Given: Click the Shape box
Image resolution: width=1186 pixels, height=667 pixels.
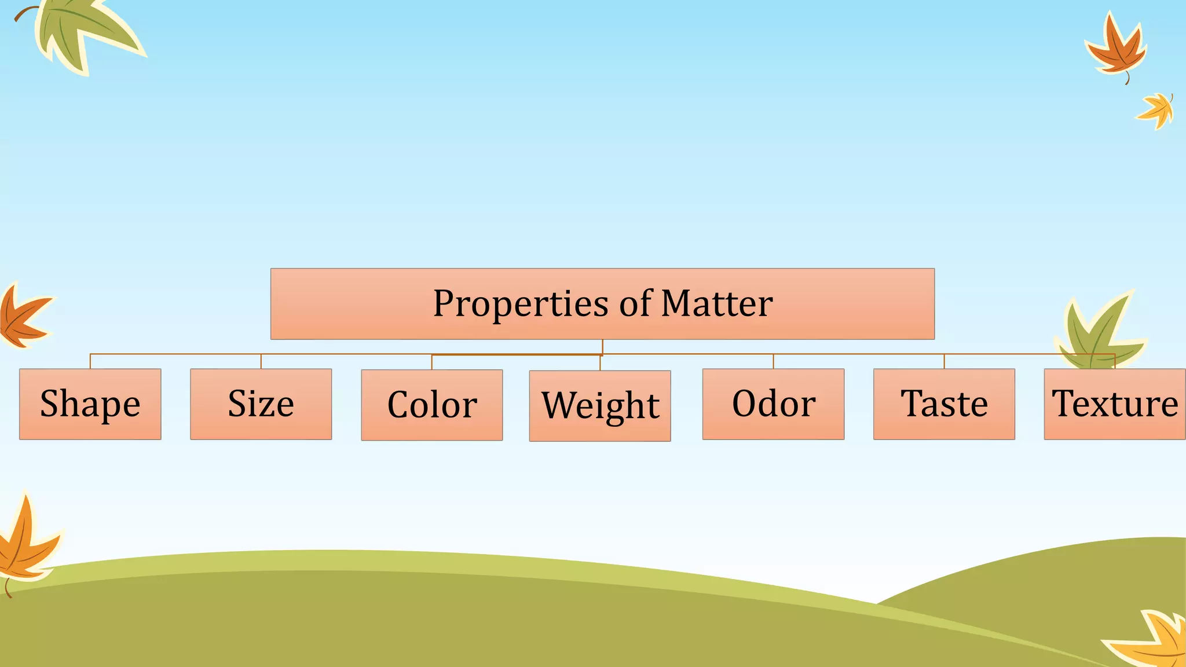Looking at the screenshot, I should [x=90, y=404].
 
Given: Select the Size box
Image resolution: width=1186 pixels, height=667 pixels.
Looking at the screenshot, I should [x=261, y=404].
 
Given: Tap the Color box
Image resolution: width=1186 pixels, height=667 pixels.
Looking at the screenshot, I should [x=432, y=405].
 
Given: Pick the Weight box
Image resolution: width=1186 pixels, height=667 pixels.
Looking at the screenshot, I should [x=600, y=406].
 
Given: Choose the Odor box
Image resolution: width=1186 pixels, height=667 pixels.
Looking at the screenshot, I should [x=773, y=404].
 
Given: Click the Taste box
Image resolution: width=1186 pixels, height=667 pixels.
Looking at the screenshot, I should [x=944, y=404].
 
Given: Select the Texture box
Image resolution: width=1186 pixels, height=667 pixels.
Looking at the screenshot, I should [x=1115, y=404].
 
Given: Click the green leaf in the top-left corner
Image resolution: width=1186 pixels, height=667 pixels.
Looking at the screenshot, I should [x=81, y=32].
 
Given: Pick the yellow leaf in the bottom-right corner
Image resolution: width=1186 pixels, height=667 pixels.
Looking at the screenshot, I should [x=1152, y=640].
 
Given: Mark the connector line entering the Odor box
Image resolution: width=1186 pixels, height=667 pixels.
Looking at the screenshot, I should [x=773, y=361].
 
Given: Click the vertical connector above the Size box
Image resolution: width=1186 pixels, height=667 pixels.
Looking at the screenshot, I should [x=261, y=361].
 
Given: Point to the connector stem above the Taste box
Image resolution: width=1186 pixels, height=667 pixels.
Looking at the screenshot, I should [x=944, y=361].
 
